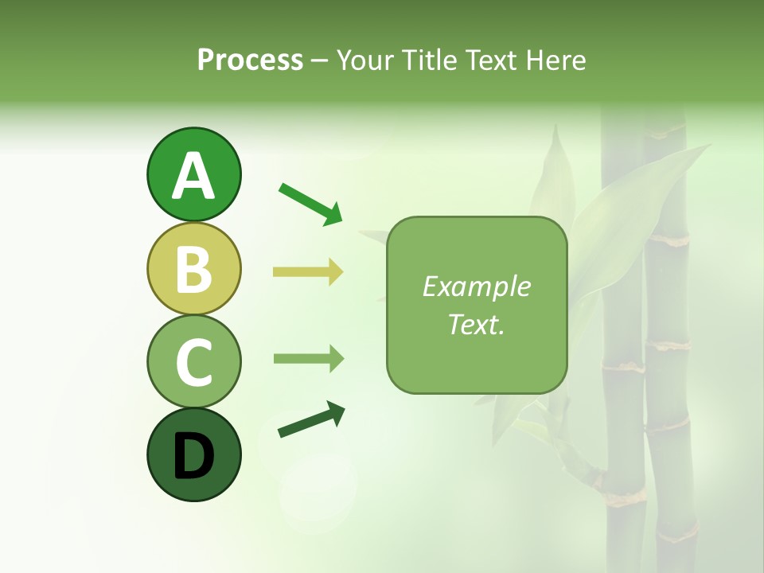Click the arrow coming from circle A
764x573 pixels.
click(310, 203)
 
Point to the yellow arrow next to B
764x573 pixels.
click(308, 272)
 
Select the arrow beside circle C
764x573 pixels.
click(308, 359)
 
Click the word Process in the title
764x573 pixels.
click(250, 60)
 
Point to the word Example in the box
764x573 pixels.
click(476, 286)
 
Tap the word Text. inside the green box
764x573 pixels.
click(476, 324)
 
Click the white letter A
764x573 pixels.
click(193, 176)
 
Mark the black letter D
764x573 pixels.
click(193, 456)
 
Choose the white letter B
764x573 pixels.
click(193, 269)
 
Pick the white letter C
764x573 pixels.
click(193, 362)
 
